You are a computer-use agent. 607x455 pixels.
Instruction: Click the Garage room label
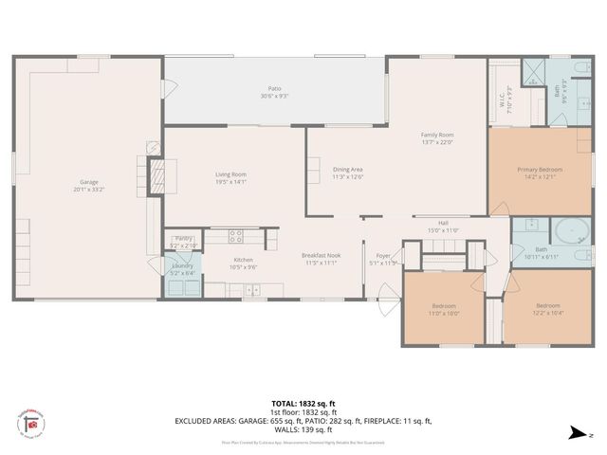88,181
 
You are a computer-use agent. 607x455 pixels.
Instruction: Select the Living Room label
230,174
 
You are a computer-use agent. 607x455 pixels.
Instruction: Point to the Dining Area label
348,170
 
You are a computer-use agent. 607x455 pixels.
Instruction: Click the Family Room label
437,136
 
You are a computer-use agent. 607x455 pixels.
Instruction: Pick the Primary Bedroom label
540,170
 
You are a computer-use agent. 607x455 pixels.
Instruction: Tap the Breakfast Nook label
321,255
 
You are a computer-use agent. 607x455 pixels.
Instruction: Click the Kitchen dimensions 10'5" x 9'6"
245,267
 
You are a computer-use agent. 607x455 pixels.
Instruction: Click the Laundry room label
182,266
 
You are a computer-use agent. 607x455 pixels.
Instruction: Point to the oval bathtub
569,231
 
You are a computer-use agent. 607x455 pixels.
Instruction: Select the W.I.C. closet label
506,100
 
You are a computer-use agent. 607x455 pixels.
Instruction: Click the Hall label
443,222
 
